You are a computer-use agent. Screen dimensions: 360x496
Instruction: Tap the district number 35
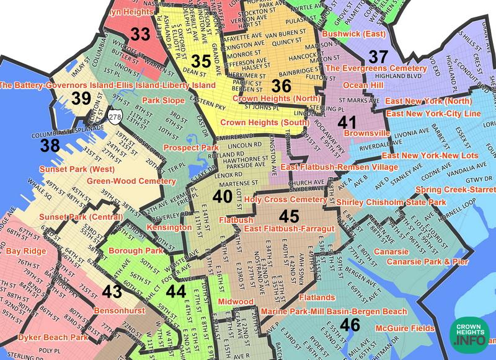(x=200, y=61)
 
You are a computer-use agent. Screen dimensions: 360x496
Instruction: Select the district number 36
(x=281, y=86)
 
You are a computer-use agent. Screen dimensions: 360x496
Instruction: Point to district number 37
(x=378, y=56)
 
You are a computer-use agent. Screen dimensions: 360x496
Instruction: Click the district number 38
(x=51, y=146)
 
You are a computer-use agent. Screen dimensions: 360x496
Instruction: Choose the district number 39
(x=81, y=97)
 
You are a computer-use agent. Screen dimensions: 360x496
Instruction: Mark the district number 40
(x=222, y=196)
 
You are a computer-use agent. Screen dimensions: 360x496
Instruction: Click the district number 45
(x=289, y=216)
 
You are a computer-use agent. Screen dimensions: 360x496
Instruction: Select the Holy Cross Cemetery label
(x=285, y=200)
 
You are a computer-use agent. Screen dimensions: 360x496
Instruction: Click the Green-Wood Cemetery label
(x=131, y=181)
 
